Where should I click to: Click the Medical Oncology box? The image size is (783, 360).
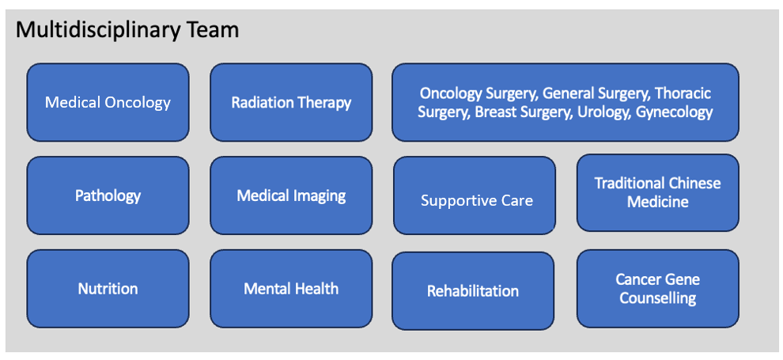tap(108, 102)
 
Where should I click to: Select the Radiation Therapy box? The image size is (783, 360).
tap(291, 102)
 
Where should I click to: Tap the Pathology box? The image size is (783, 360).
tap(108, 195)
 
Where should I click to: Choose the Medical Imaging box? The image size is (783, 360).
tap(291, 195)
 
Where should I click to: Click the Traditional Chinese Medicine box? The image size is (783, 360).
tap(658, 192)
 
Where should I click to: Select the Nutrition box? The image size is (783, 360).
tap(108, 289)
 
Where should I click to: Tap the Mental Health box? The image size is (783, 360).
tap(291, 289)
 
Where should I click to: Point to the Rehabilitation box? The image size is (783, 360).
tap(473, 291)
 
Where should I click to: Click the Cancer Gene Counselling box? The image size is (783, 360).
tap(658, 289)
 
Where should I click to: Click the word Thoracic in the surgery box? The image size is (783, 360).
tap(683, 93)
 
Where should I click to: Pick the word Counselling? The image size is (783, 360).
tap(658, 298)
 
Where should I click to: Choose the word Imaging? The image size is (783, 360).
tap(320, 195)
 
